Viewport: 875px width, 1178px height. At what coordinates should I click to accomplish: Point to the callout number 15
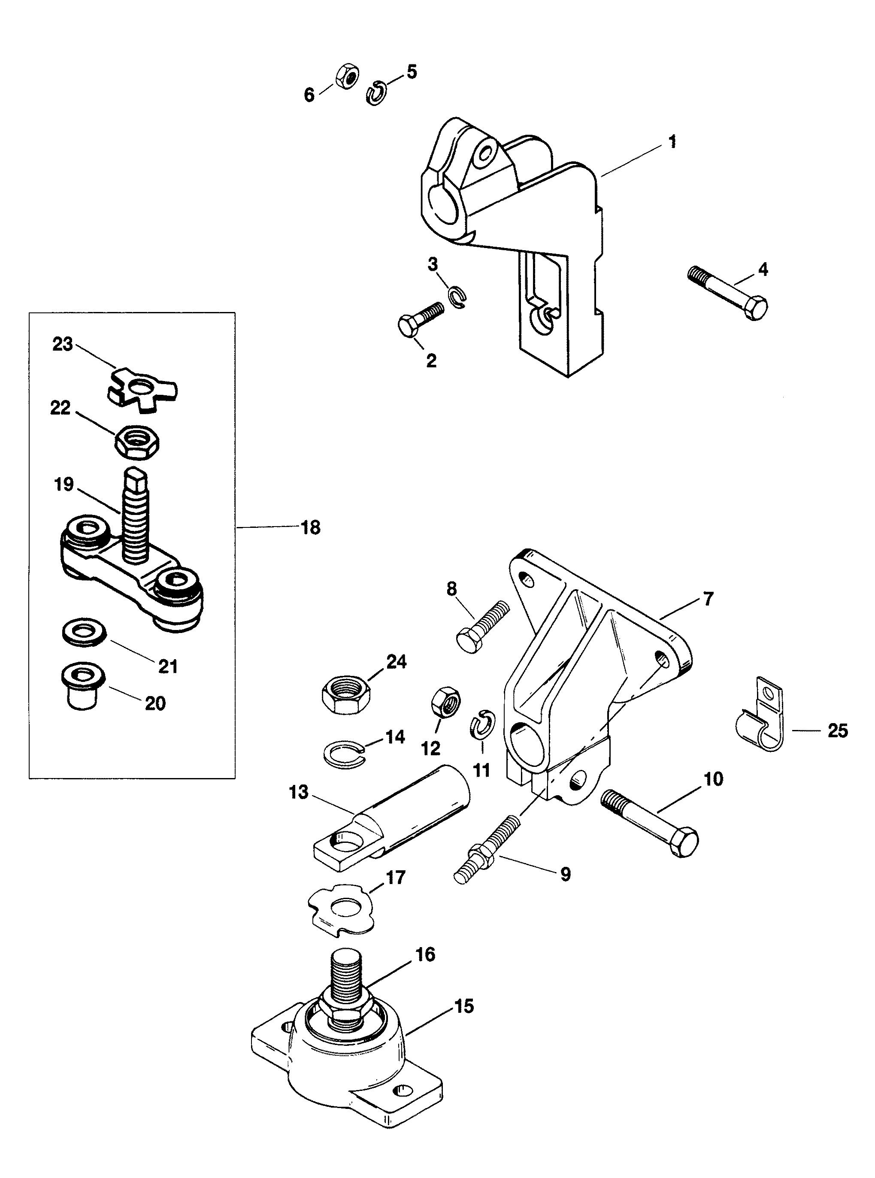click(464, 1006)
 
